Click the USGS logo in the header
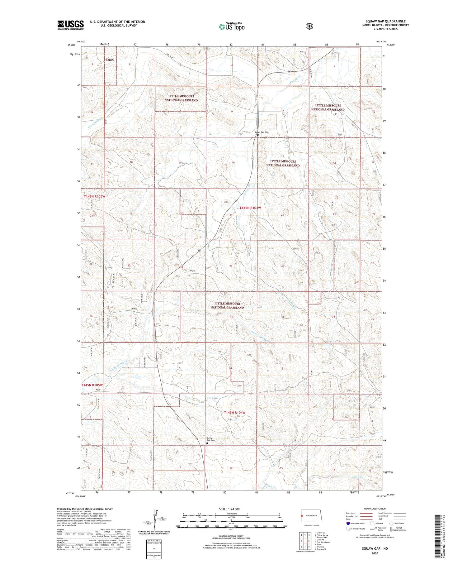(70, 25)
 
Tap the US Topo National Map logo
(231, 26)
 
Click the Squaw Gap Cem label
(262, 132)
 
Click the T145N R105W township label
(92, 385)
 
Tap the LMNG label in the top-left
(110, 60)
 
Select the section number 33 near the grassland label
(231, 317)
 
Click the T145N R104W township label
(235, 413)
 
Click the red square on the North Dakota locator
(302, 516)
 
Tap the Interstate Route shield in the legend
(348, 523)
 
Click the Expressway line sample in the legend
(366, 513)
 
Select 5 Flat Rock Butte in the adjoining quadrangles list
(322, 542)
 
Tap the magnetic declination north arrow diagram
(155, 519)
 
